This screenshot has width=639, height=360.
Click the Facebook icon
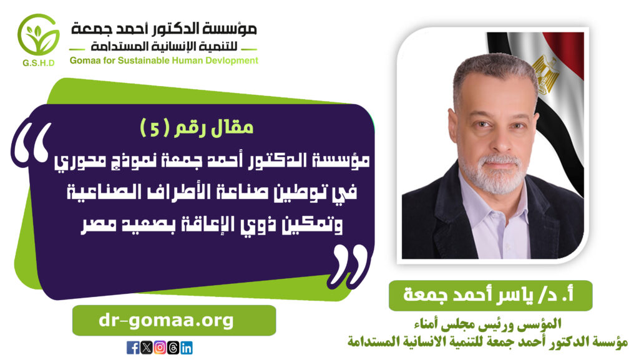pos(133,348)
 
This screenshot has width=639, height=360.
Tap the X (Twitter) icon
pos(146,348)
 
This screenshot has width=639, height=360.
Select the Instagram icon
pos(160,348)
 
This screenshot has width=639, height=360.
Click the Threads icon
pos(173,348)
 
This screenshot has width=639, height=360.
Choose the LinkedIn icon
pos(186,348)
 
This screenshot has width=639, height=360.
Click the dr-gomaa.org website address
pos(166,321)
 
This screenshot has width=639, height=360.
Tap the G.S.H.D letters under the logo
pos(39,63)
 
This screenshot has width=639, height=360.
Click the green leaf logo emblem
pos(38,36)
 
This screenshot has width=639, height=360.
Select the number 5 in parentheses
pos(155,129)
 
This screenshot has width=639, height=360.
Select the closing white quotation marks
pos(349,267)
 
